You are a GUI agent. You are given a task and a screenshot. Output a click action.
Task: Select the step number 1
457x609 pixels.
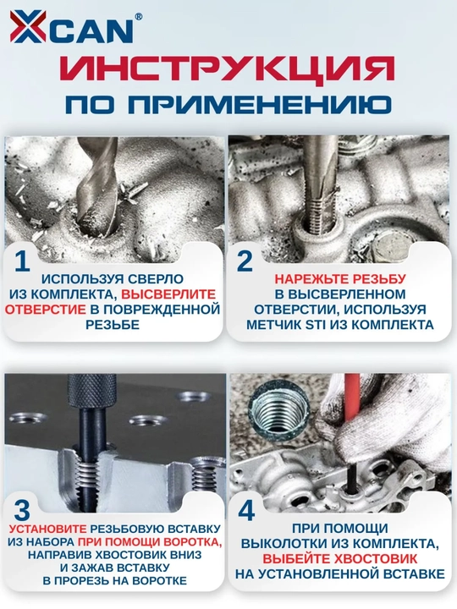22,261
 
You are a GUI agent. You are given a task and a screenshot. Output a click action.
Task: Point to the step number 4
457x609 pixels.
246,510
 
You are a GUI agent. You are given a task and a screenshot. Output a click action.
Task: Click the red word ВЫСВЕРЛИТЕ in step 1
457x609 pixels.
168,294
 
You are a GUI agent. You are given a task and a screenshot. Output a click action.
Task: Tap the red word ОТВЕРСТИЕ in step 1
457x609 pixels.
46,310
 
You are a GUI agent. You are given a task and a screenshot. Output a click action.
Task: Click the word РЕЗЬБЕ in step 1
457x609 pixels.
113,324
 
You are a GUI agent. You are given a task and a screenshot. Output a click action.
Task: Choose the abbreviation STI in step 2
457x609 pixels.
316,324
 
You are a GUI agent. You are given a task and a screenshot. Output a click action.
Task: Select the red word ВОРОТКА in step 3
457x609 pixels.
193,542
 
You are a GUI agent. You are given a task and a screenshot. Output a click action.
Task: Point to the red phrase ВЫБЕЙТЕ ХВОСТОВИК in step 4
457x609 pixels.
340,558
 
